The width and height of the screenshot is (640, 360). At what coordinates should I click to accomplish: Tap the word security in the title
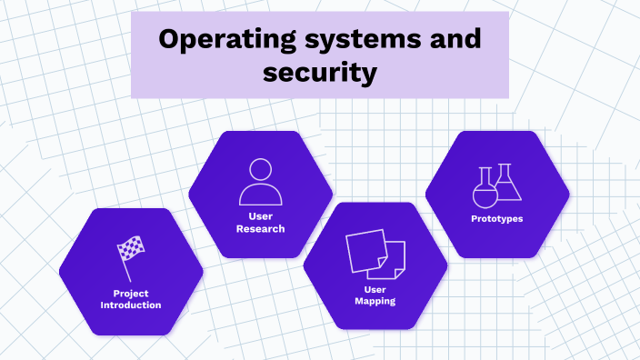pyautogui.click(x=320, y=73)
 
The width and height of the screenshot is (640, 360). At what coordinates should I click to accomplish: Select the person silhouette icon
pyautogui.click(x=261, y=182)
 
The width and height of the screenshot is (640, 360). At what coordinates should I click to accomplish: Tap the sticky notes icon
pyautogui.click(x=375, y=255)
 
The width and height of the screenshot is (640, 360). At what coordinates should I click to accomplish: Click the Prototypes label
pyautogui.click(x=497, y=218)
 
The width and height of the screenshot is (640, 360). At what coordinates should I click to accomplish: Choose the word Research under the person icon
pyautogui.click(x=261, y=229)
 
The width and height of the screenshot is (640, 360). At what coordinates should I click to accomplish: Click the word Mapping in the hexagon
pyautogui.click(x=375, y=301)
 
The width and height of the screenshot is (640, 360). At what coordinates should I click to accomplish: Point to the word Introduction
pyautogui.click(x=131, y=305)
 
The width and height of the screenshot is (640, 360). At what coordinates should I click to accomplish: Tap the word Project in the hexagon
pyautogui.click(x=131, y=294)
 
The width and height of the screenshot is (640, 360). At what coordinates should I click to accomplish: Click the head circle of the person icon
pyautogui.click(x=261, y=169)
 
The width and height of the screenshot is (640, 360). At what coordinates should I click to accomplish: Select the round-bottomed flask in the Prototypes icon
pyautogui.click(x=485, y=192)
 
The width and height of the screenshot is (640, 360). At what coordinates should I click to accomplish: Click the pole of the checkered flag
pyautogui.click(x=125, y=265)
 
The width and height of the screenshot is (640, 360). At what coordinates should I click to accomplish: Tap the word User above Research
pyautogui.click(x=261, y=216)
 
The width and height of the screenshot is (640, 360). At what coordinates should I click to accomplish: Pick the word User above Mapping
pyautogui.click(x=375, y=289)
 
